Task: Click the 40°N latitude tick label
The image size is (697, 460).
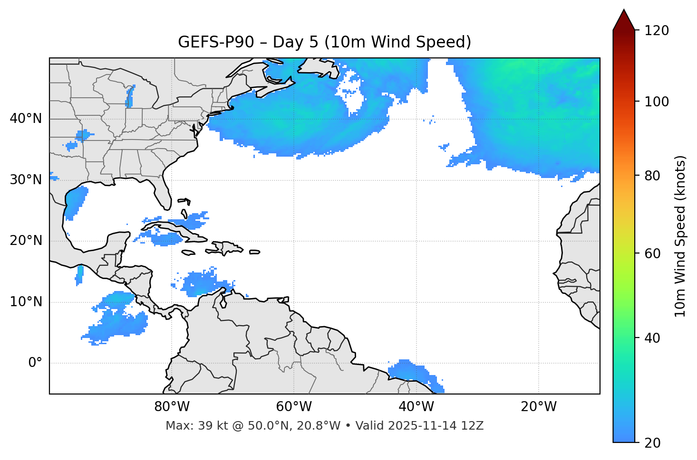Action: (x=26, y=118)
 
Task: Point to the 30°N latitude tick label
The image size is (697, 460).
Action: (x=26, y=180)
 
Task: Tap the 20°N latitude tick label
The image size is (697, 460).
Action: (x=26, y=241)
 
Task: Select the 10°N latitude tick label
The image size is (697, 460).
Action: (x=26, y=302)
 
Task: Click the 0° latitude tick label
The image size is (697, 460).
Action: (x=35, y=363)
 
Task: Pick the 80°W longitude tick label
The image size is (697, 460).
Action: (x=172, y=407)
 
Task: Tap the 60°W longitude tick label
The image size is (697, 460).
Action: (x=294, y=407)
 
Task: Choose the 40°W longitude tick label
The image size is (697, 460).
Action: (x=416, y=407)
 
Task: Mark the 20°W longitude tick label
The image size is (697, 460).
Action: (x=539, y=407)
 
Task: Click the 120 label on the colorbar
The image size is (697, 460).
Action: (x=656, y=30)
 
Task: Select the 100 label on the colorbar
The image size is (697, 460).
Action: (x=656, y=102)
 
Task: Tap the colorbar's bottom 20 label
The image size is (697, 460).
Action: (x=653, y=443)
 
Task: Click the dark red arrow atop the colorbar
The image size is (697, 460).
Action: (x=624, y=20)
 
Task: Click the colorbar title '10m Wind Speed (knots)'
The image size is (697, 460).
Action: (x=680, y=236)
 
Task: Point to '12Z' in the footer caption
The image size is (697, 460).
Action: (x=473, y=426)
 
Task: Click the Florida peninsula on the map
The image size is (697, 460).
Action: (x=162, y=194)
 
